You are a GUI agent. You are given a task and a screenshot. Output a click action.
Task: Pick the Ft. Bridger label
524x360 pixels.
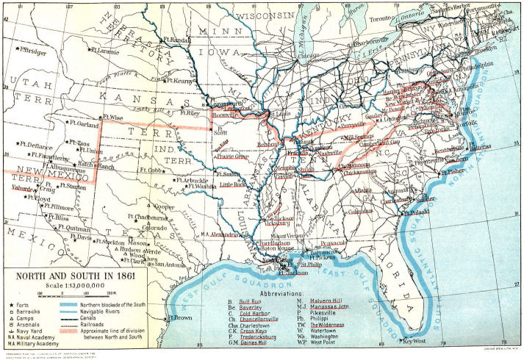(35, 51)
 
